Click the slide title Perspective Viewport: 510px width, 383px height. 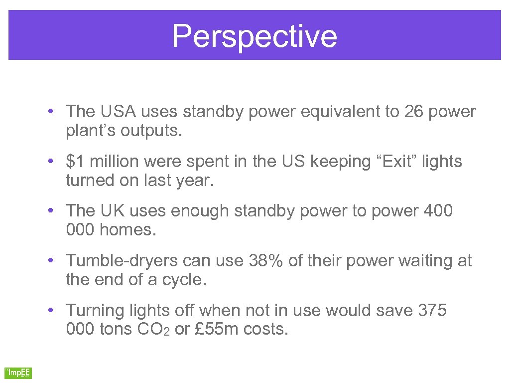[255, 36]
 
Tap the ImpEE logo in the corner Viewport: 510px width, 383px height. [18, 373]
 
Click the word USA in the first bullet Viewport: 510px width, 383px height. [112, 112]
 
